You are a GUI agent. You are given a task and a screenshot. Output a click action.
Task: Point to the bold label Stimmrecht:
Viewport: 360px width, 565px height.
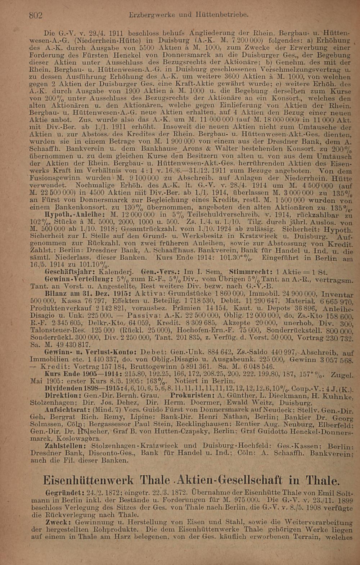[x=249, y=271]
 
